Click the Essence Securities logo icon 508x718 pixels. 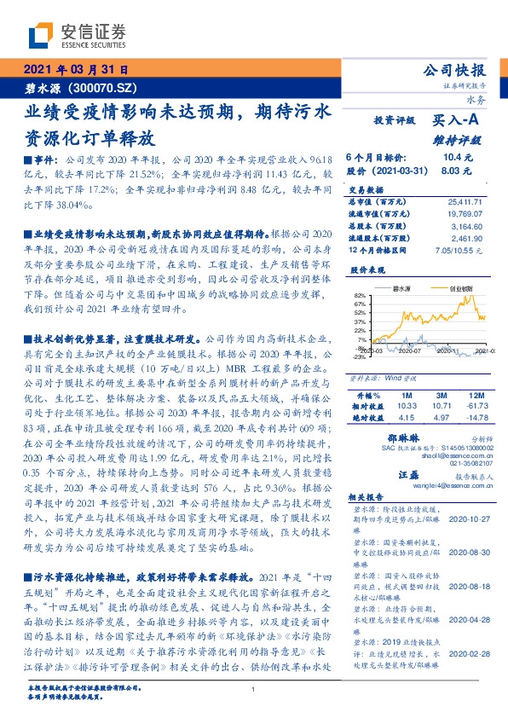pos(40,36)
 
